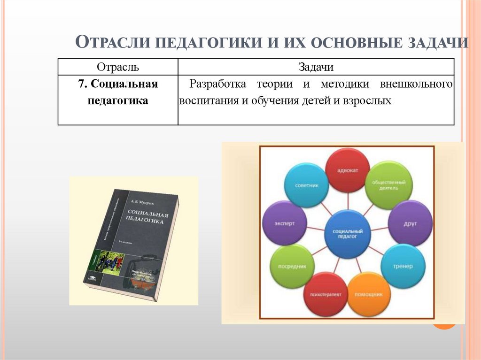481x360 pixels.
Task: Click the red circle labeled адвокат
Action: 348,170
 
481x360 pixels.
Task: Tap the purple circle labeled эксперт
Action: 285,223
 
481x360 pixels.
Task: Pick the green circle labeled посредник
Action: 292,266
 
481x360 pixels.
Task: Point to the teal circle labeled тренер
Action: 403,266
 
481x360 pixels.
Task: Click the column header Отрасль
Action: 117,67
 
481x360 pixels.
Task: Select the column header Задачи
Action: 316,67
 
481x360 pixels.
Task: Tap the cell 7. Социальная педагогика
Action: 117,92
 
